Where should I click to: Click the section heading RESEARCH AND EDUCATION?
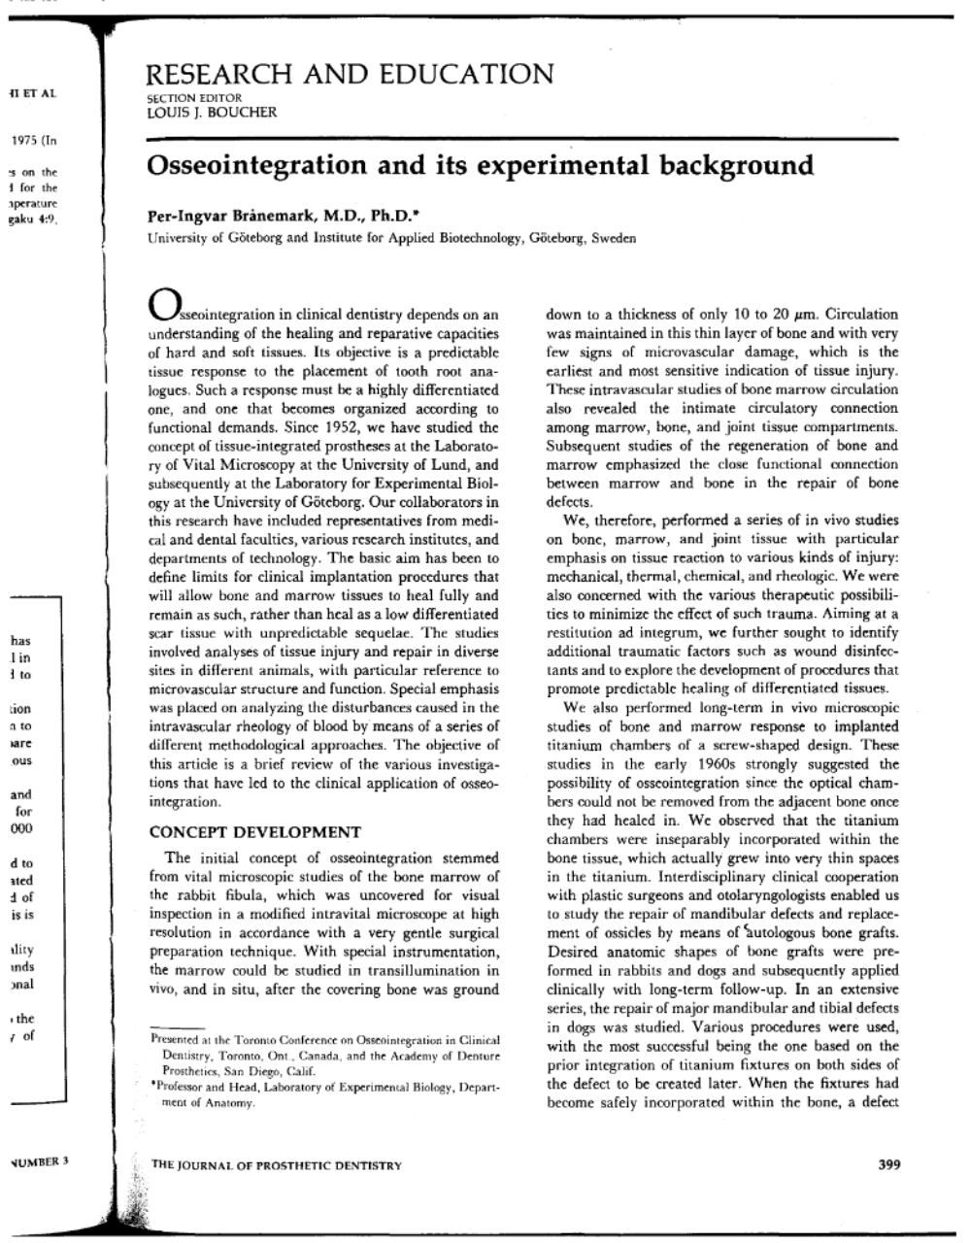tap(349, 75)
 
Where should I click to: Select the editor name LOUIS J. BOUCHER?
tap(211, 112)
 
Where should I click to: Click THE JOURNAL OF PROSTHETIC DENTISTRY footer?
tap(277, 1165)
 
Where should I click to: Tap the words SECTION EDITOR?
tap(193, 98)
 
